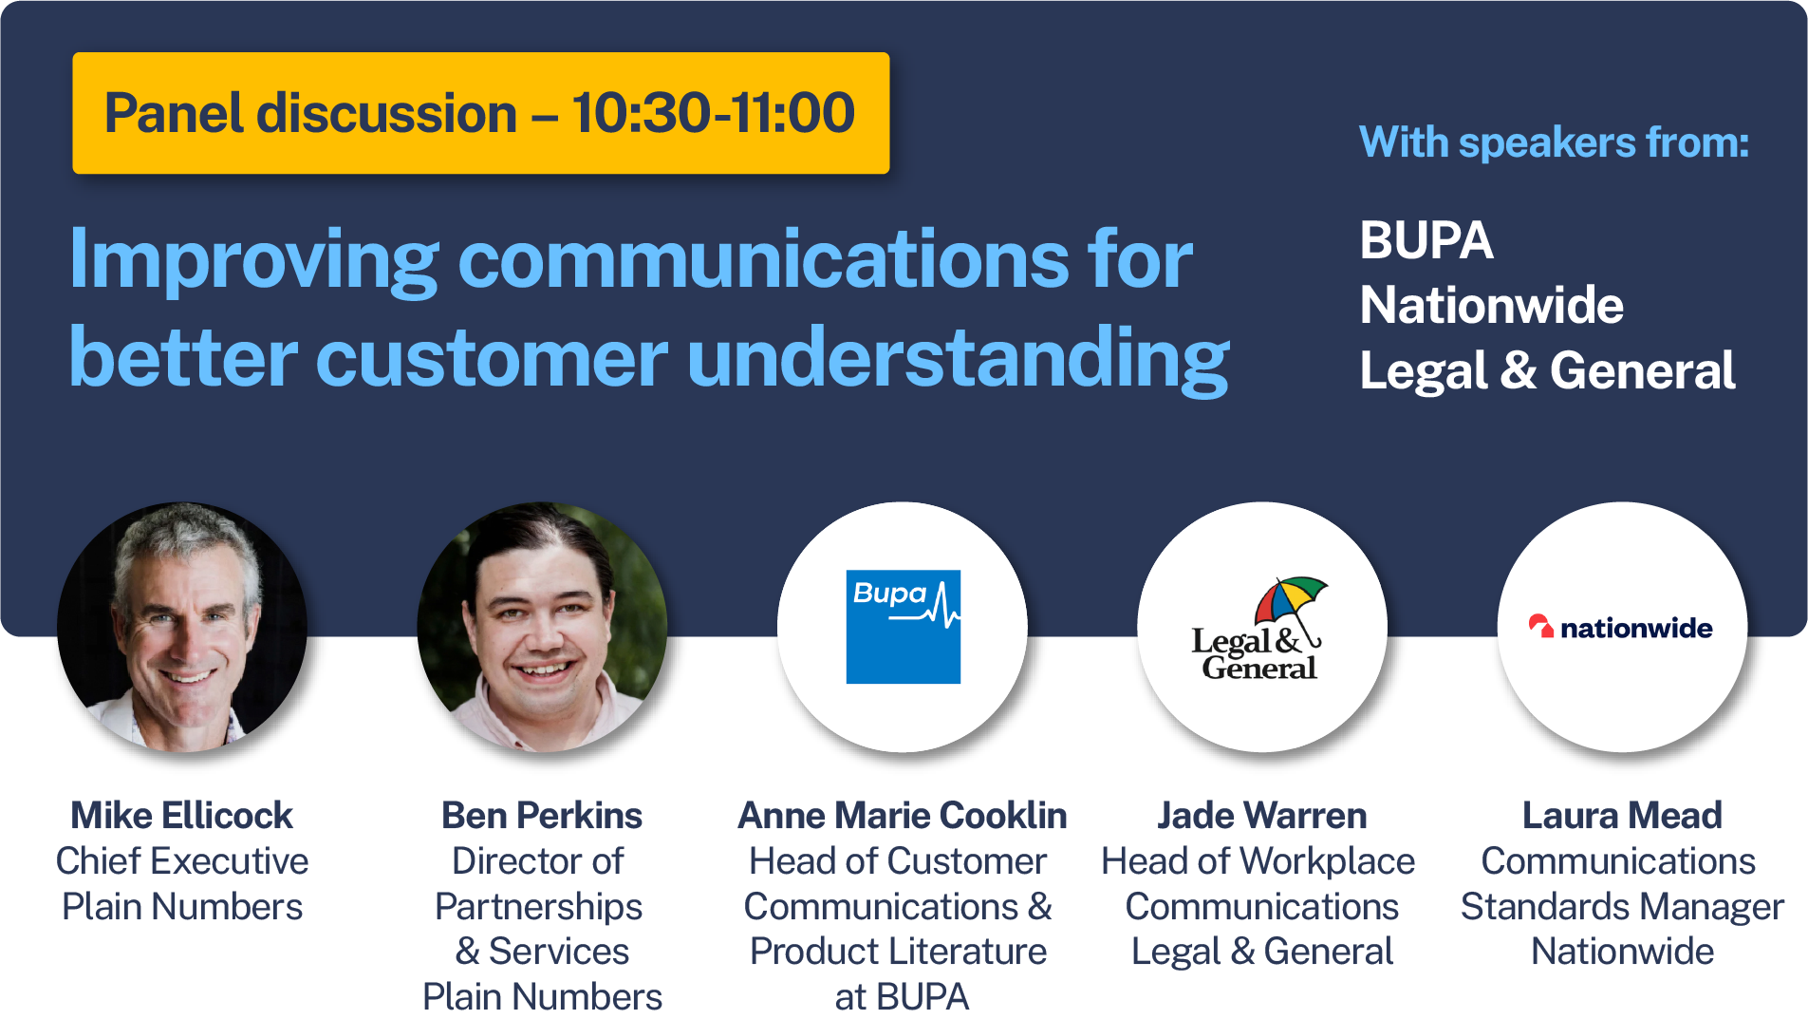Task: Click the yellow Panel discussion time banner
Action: coord(481,113)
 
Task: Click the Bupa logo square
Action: coord(903,627)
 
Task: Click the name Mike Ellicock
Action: coord(182,815)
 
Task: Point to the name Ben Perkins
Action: coord(542,815)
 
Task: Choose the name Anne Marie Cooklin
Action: coord(903,815)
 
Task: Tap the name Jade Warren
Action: coord(1262,815)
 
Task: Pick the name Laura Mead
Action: coord(1622,815)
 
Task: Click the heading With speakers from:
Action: coord(1554,142)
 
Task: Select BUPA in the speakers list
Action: coord(1426,239)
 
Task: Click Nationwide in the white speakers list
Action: coord(1492,305)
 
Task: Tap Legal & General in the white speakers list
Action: coord(1548,369)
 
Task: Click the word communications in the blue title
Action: coord(764,258)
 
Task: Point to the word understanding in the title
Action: coord(958,359)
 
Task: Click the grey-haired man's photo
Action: coord(182,627)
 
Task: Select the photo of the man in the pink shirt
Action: coord(542,627)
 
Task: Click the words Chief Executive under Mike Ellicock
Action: coord(182,861)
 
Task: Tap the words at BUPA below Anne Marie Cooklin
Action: coord(902,997)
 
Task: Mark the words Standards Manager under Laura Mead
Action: coord(1622,907)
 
